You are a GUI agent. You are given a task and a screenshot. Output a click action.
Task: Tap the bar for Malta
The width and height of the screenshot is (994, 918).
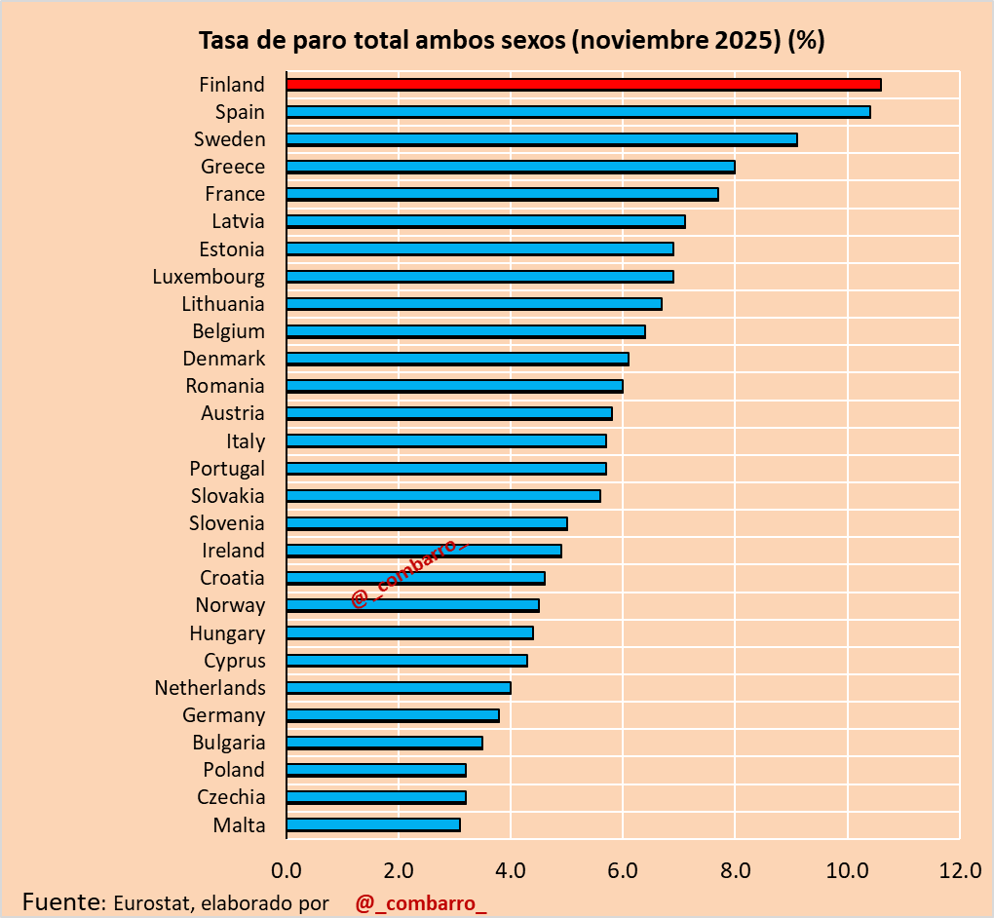(x=372, y=824)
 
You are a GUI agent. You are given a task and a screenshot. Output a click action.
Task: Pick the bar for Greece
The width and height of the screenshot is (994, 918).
(x=510, y=167)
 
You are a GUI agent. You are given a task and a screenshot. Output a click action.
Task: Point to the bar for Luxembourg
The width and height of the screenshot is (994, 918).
(x=479, y=277)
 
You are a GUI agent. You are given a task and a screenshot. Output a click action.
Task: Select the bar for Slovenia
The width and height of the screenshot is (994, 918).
(x=426, y=523)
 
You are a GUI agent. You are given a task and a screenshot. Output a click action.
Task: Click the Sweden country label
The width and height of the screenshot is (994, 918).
(x=229, y=139)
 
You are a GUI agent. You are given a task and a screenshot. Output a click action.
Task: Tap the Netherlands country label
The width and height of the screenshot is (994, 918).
(x=210, y=688)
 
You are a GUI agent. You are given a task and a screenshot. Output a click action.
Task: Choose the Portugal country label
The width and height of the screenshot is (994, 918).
(x=227, y=469)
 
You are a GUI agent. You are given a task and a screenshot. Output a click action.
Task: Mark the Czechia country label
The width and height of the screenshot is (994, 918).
(x=231, y=797)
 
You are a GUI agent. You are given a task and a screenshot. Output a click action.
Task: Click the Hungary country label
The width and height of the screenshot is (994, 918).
(x=227, y=633)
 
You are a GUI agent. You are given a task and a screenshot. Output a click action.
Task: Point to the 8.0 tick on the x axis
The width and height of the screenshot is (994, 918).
(x=735, y=869)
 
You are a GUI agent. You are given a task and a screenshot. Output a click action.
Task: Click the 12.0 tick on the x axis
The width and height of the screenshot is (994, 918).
(x=959, y=869)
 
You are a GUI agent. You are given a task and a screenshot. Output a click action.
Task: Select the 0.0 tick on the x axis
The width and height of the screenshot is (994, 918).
(x=287, y=869)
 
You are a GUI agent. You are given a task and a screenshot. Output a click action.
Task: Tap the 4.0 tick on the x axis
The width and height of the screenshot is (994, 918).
(x=511, y=869)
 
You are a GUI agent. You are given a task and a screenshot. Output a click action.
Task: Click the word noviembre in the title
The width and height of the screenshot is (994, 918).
(x=644, y=41)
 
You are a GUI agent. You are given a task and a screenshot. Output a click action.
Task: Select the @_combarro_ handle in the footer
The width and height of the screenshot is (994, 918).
(x=420, y=902)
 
